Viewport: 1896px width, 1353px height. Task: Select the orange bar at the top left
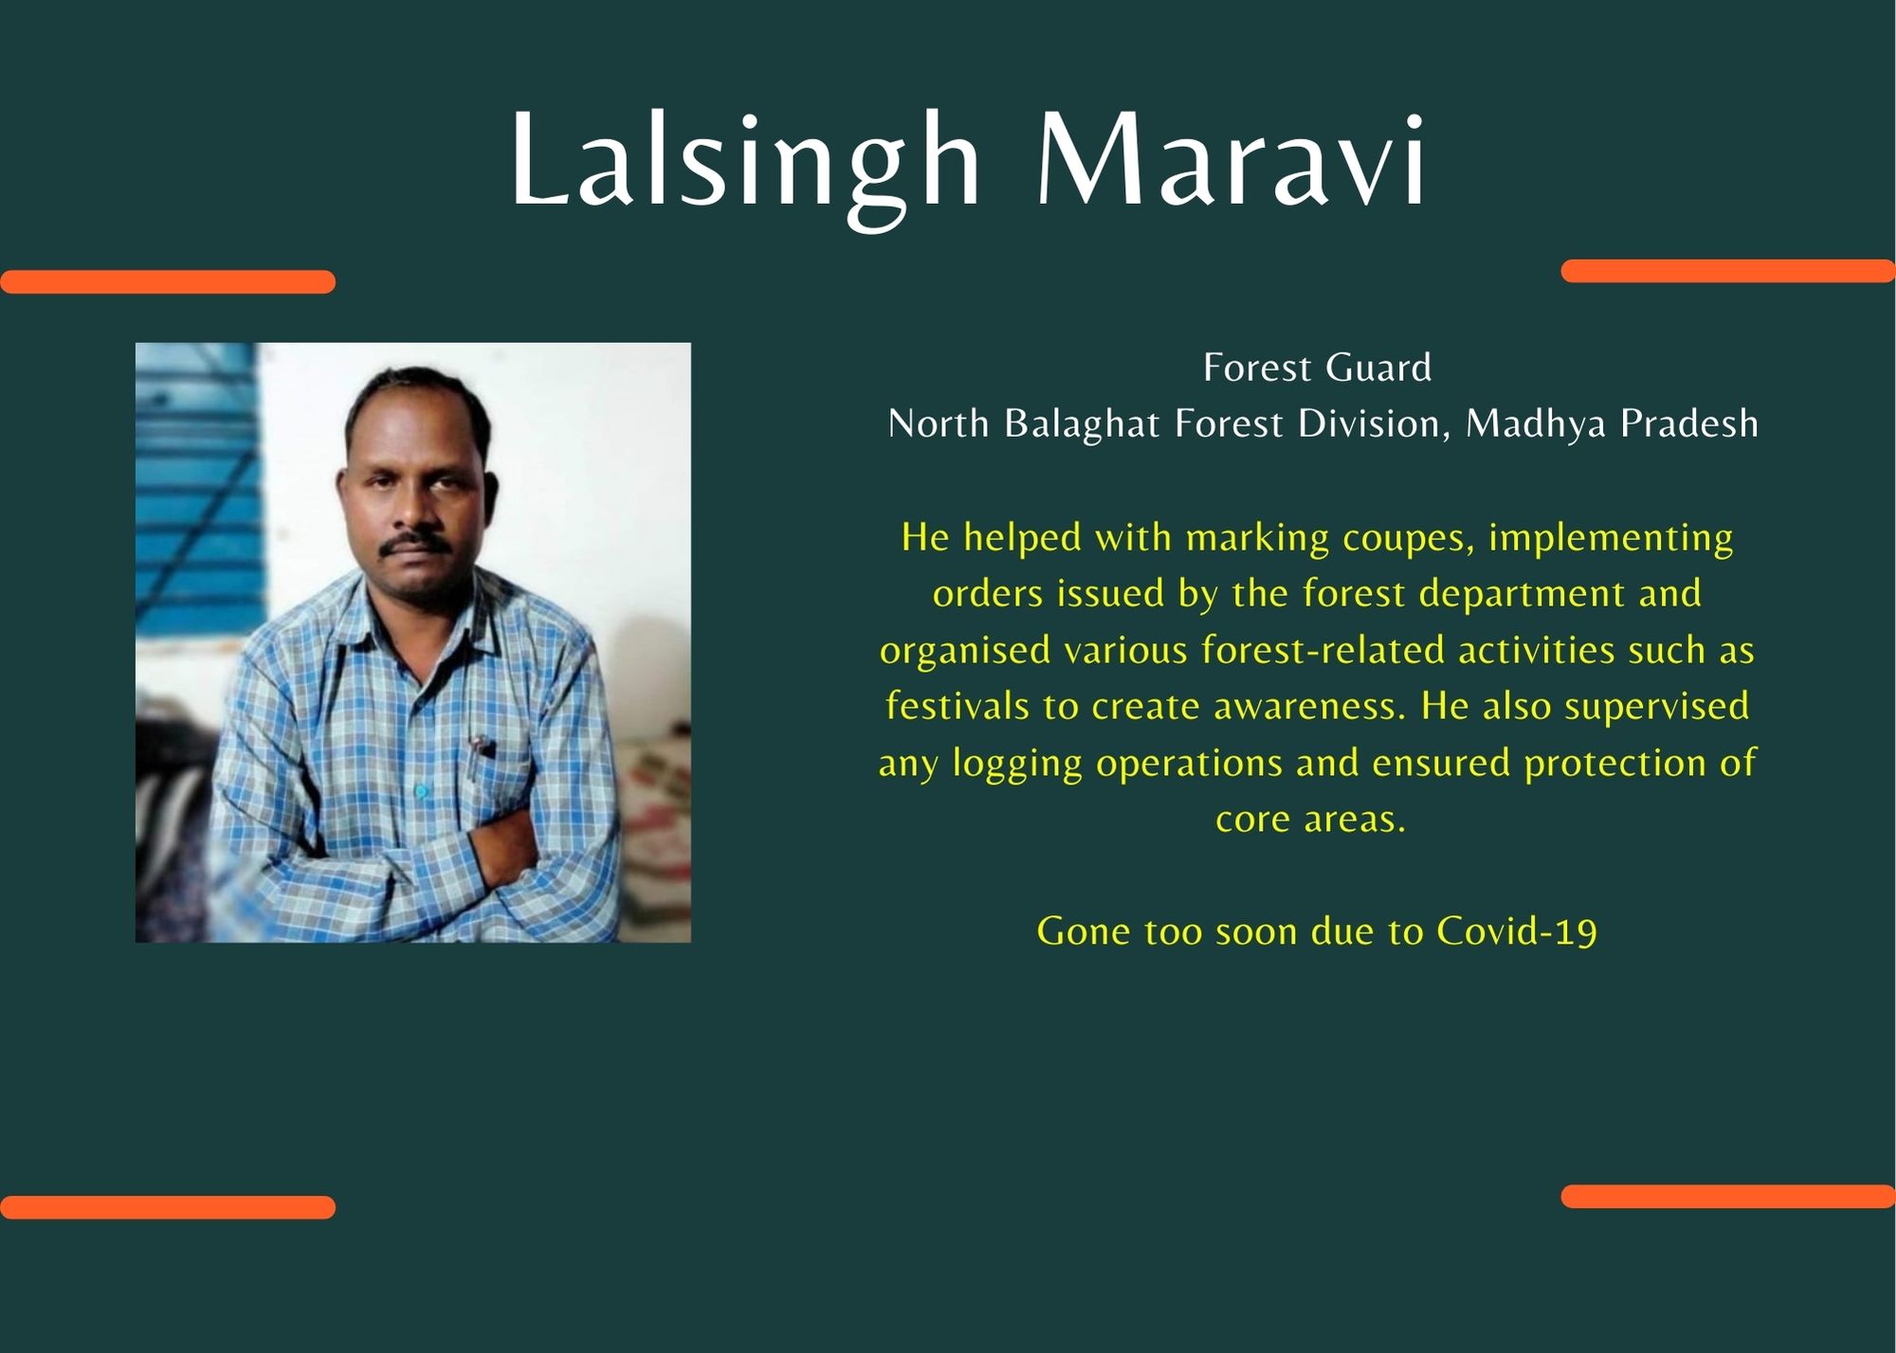tap(168, 281)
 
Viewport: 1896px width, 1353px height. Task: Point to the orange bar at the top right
tap(1727, 271)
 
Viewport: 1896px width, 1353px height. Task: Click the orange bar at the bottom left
tap(168, 1207)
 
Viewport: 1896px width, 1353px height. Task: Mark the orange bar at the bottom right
tap(1727, 1196)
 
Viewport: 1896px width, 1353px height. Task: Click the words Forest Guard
tap(1317, 368)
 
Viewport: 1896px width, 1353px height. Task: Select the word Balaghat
tap(1082, 424)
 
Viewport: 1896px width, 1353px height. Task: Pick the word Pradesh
tap(1689, 424)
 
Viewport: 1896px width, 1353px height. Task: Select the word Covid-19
tap(1517, 931)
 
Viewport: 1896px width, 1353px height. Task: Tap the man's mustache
tap(415, 542)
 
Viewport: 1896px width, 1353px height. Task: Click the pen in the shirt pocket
tap(482, 746)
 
